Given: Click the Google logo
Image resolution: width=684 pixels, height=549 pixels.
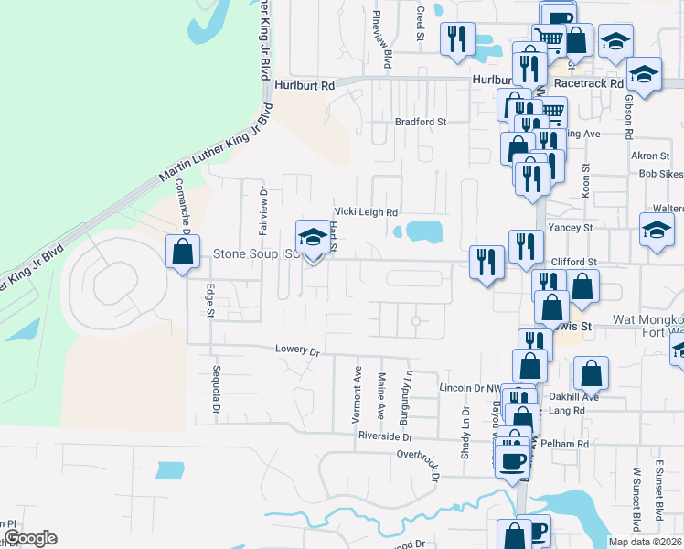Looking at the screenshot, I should pyautogui.click(x=29, y=538).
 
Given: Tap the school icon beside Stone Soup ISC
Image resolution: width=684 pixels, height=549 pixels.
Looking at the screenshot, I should pyautogui.click(x=312, y=238).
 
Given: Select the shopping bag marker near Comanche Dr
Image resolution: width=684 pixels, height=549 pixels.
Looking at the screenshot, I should pyautogui.click(x=182, y=252).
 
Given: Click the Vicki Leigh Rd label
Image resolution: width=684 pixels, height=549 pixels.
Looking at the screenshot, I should pyautogui.click(x=366, y=211).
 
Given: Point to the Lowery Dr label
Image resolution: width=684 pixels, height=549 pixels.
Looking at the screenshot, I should pyautogui.click(x=299, y=350).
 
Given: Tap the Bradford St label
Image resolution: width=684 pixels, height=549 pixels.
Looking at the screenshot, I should pyautogui.click(x=420, y=121).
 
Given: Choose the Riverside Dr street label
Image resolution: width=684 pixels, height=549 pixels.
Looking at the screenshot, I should pyautogui.click(x=386, y=436).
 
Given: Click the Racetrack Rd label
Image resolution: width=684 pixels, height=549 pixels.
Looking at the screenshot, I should pyautogui.click(x=585, y=80).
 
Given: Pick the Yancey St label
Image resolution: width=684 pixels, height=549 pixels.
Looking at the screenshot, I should pyautogui.click(x=570, y=227).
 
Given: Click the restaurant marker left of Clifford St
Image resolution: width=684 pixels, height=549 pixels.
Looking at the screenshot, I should pyautogui.click(x=485, y=262).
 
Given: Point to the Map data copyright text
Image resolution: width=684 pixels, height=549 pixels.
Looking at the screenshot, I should pyautogui.click(x=645, y=541).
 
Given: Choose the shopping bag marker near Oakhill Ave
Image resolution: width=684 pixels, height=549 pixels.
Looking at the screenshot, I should pyautogui.click(x=592, y=373).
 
